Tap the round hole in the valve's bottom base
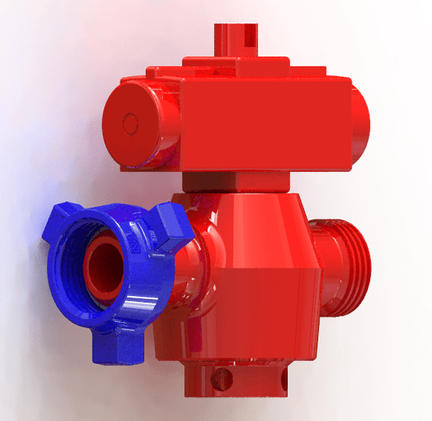(x=220, y=376)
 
